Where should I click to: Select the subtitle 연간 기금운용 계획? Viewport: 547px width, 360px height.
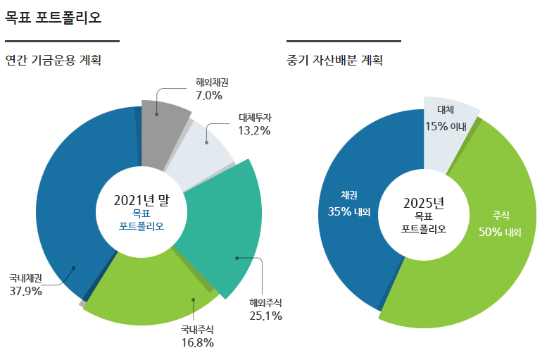(x=53, y=61)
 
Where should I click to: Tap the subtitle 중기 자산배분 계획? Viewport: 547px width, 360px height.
(x=334, y=61)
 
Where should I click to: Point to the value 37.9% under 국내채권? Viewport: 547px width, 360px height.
(x=26, y=290)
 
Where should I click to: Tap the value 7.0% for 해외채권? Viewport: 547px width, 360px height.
(x=209, y=95)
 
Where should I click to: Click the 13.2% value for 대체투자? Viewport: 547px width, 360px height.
(x=254, y=130)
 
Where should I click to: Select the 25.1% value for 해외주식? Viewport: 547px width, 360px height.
(x=265, y=316)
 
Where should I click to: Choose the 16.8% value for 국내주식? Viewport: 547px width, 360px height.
(x=197, y=342)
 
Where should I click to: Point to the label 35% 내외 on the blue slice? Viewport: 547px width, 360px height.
(x=349, y=211)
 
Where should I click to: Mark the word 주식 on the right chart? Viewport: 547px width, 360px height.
(x=500, y=216)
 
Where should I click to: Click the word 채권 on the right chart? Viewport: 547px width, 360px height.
(x=349, y=194)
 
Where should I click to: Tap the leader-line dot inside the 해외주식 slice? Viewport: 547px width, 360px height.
(x=237, y=258)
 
